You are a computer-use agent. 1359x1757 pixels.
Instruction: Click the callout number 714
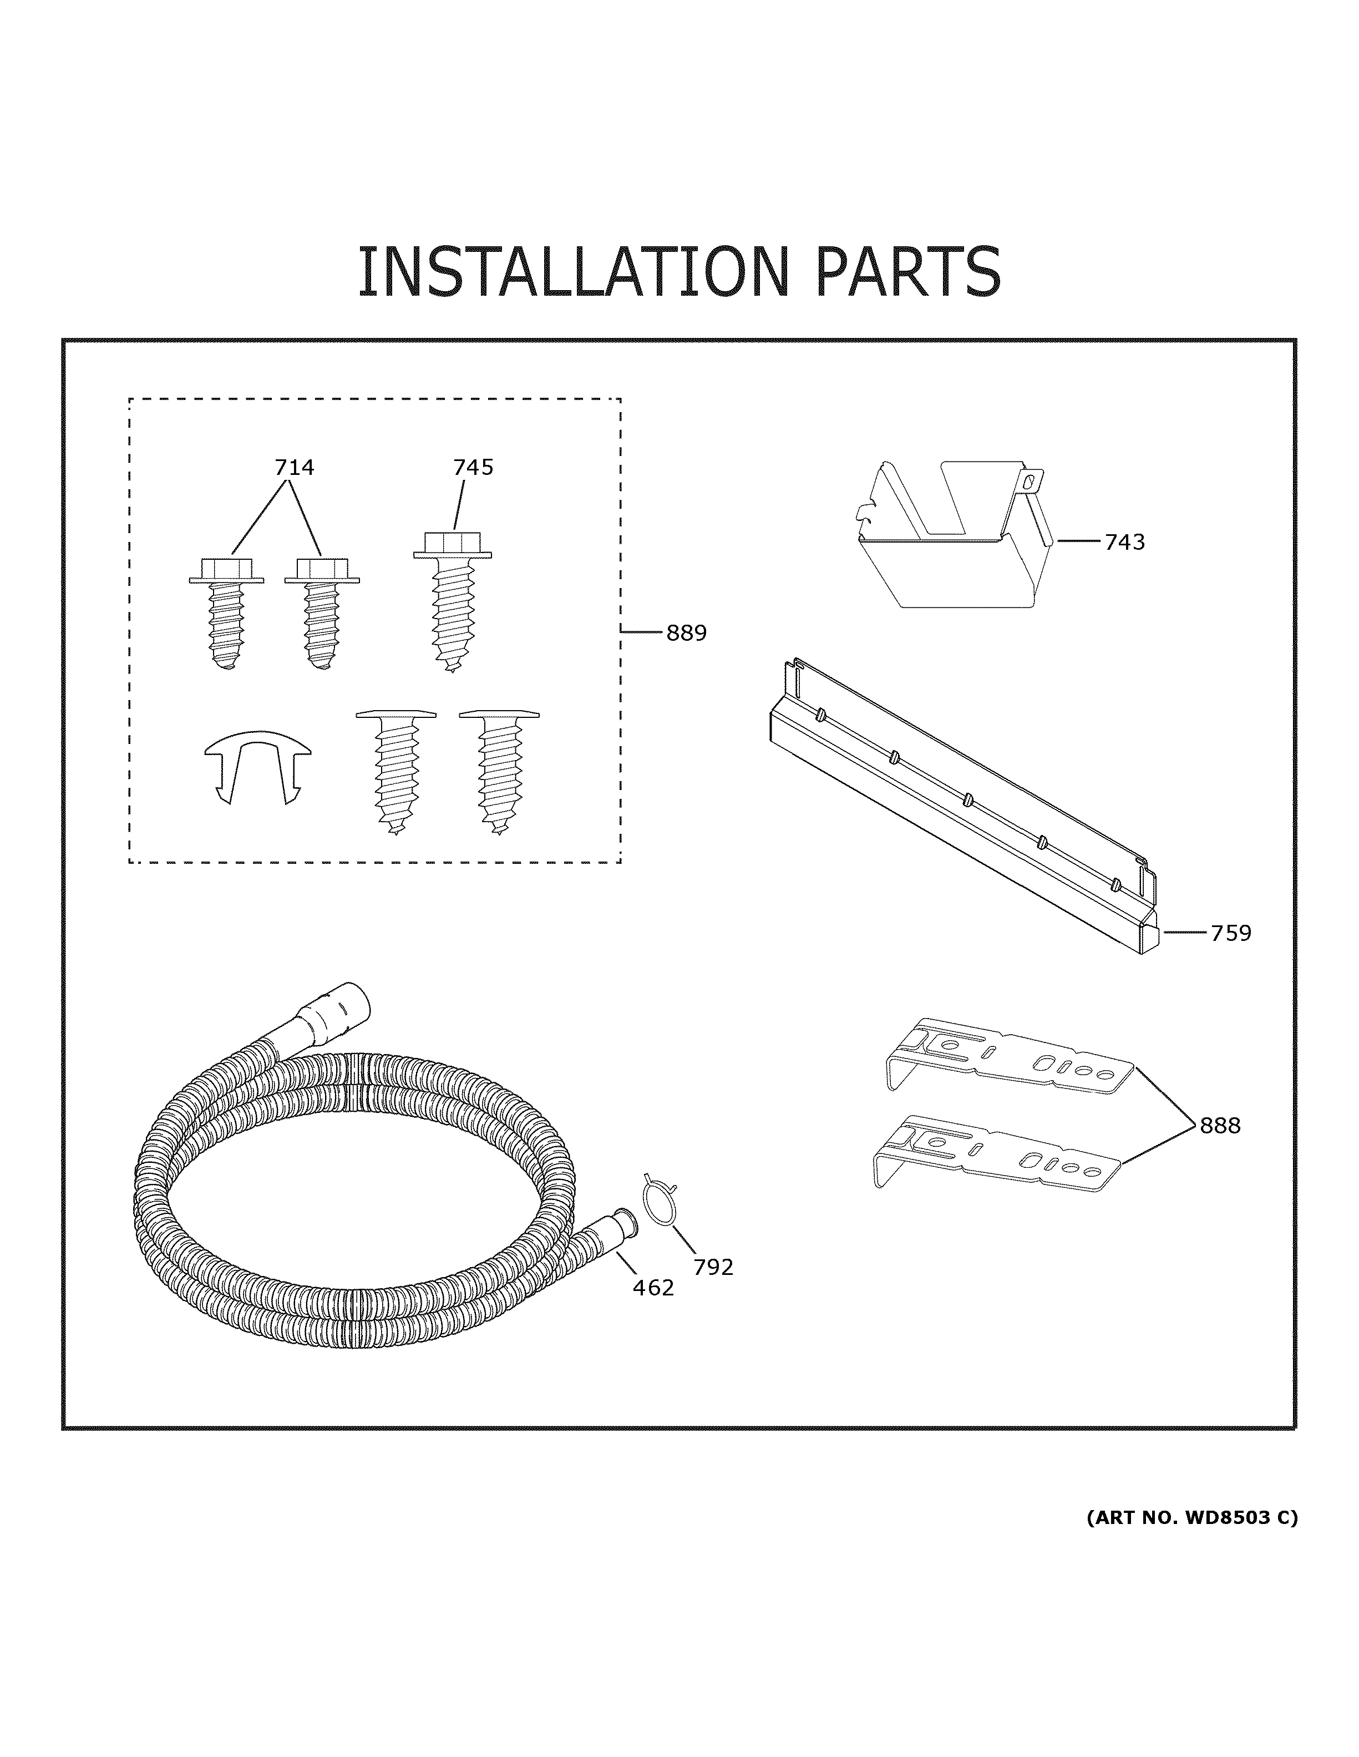(295, 468)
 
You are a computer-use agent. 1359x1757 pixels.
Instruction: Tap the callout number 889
(686, 633)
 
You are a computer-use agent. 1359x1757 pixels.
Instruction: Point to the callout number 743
(1124, 542)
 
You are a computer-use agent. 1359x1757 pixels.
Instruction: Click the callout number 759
(1230, 933)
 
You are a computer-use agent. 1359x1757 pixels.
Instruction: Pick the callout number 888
(1220, 1126)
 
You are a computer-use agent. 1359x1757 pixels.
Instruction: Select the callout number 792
(713, 1267)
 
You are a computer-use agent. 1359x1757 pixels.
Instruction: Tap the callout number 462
(653, 1288)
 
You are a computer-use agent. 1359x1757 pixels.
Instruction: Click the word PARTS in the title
(908, 272)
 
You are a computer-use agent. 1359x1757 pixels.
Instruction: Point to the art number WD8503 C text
(1191, 1518)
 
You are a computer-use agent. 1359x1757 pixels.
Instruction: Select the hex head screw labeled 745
(452, 599)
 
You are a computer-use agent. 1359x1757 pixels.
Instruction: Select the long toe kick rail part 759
(965, 813)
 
